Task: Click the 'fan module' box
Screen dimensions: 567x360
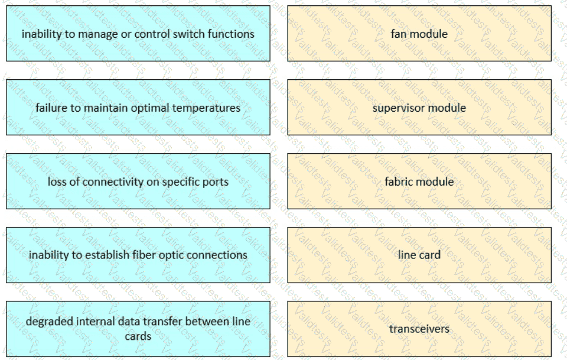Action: [x=419, y=33]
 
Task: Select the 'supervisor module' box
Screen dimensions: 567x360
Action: [x=419, y=108]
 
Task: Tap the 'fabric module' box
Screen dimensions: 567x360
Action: [x=419, y=181]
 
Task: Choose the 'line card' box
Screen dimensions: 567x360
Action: [x=419, y=255]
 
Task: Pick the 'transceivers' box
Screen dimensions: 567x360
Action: [x=419, y=329]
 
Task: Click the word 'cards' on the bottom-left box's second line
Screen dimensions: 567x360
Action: [x=138, y=336]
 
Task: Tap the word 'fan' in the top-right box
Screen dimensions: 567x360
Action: [x=399, y=34]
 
